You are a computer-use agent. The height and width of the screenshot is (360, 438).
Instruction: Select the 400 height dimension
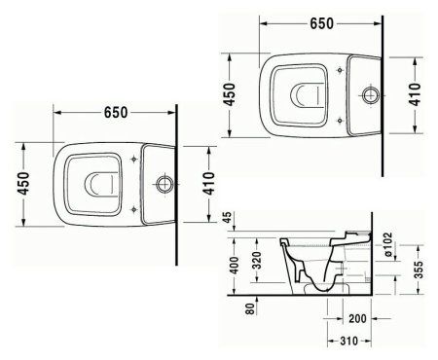(x=231, y=266)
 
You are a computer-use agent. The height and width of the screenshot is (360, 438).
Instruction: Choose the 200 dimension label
(x=357, y=319)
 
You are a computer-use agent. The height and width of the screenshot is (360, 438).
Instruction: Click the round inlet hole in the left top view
(x=164, y=182)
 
